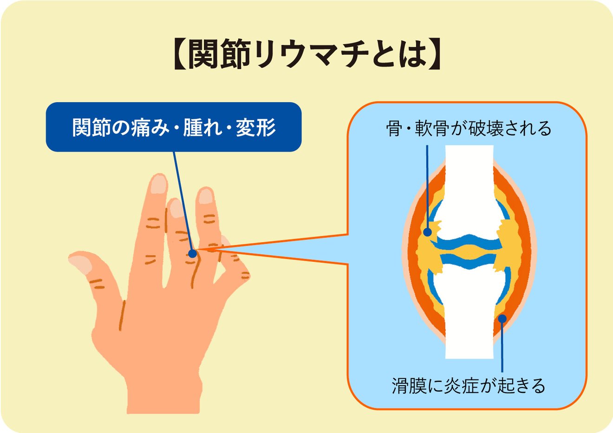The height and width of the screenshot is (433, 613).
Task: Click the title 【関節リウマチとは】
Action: coord(306,54)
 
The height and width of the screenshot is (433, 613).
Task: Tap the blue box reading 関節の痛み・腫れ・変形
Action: coord(174,127)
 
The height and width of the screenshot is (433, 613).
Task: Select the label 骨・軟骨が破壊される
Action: coord(469,129)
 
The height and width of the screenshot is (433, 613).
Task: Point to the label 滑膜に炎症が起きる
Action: coord(469,385)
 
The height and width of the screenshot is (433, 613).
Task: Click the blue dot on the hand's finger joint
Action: coord(192,253)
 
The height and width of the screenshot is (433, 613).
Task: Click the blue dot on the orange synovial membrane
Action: coord(502,318)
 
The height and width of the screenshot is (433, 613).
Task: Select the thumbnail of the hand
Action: coord(81,263)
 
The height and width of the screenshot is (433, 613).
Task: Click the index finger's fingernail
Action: coord(159,184)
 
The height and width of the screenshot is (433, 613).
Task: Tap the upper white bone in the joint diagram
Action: coord(469,186)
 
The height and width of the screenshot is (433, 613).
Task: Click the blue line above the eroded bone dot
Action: coord(427,186)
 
